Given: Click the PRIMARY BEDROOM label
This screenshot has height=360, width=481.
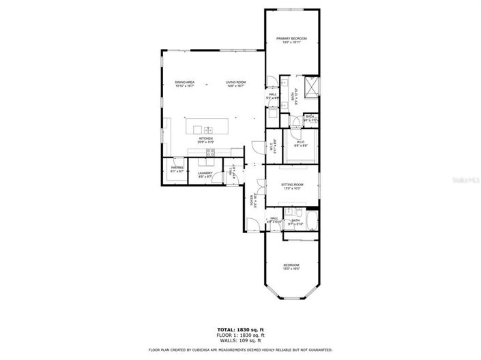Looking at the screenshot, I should (x=291, y=40).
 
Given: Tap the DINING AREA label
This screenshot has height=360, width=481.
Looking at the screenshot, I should (x=184, y=85).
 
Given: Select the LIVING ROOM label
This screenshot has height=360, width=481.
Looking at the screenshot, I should (x=236, y=85).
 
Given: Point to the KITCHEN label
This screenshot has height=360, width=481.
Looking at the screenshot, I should (x=205, y=140).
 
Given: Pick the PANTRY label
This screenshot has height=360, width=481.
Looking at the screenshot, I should (x=177, y=169).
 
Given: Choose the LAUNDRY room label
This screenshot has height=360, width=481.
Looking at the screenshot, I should (x=205, y=175).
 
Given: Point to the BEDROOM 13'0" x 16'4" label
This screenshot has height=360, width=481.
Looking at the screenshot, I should (x=291, y=267).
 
